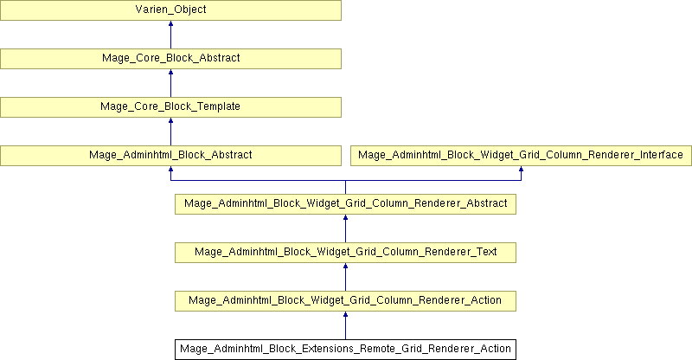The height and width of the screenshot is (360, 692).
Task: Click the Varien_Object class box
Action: [x=170, y=10]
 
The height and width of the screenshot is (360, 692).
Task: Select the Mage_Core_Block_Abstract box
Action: [x=170, y=58]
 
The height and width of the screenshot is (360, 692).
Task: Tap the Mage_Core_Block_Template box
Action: [x=170, y=107]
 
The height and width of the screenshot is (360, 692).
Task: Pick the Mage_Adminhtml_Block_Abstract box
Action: [x=170, y=156]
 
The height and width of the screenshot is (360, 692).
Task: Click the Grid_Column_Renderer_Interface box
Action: [x=521, y=156]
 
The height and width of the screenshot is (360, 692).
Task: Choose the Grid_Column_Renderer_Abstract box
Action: [x=345, y=204]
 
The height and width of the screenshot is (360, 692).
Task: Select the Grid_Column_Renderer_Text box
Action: [x=345, y=253]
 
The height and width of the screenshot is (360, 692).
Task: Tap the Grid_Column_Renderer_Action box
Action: [x=345, y=301]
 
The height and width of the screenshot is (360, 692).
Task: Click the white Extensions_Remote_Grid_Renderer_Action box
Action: [x=345, y=350]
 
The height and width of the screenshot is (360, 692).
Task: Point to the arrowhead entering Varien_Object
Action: [x=170, y=23]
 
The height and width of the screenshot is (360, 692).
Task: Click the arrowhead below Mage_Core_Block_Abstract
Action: [x=170, y=72]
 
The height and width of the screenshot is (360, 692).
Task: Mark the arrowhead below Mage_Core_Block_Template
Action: [x=170, y=120]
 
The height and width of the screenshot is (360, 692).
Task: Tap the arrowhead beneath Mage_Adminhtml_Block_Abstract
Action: [x=170, y=169]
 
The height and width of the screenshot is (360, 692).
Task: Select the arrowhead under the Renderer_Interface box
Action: [x=522, y=169]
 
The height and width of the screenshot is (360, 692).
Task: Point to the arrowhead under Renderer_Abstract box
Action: [x=345, y=218]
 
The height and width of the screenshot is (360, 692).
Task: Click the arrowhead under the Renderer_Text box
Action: [x=345, y=267]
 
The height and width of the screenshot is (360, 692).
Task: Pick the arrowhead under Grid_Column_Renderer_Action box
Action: [x=345, y=314]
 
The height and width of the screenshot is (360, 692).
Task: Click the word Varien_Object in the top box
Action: [x=170, y=10]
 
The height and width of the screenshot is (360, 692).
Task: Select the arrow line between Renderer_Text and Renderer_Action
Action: [x=345, y=278]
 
